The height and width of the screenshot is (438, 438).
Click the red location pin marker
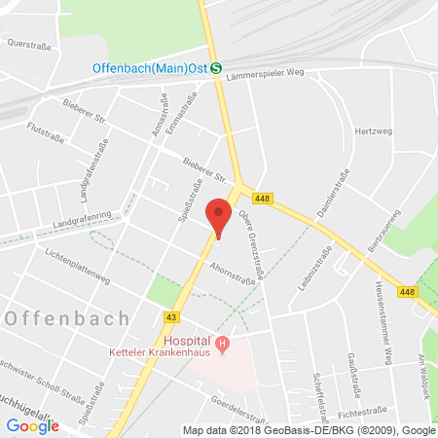pos(220,214)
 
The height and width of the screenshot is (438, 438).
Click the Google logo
pos(32,425)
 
